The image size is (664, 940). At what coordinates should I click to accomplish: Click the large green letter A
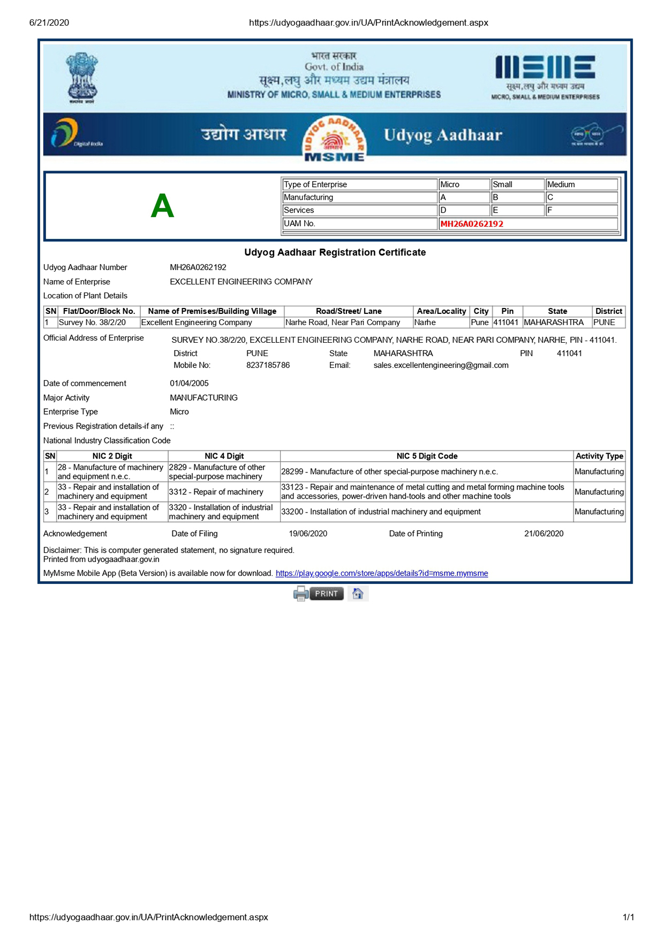tap(162, 206)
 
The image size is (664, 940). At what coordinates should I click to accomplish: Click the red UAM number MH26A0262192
tap(472, 224)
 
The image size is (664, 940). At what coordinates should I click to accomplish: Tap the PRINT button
tap(326, 593)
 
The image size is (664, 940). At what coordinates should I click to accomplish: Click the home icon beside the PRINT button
tap(358, 593)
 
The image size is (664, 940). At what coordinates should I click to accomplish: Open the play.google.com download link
tap(381, 573)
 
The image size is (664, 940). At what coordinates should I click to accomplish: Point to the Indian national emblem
tap(81, 78)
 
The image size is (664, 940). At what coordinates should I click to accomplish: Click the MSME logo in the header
tap(545, 77)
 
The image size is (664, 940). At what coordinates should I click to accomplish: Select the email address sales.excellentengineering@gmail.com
tap(441, 365)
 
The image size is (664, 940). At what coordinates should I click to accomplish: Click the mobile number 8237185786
tap(268, 365)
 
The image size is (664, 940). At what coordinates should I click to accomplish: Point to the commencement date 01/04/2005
tap(189, 383)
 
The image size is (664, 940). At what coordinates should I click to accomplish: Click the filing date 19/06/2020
tap(308, 533)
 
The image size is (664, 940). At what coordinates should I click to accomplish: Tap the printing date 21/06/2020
tap(544, 533)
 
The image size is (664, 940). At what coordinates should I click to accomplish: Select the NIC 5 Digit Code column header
tap(427, 456)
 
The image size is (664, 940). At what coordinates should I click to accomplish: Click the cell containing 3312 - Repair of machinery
tap(216, 492)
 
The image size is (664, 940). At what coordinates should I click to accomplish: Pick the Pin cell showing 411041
tap(506, 322)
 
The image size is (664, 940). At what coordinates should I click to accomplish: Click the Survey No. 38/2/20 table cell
tap(92, 322)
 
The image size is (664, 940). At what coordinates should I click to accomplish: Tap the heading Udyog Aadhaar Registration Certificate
tap(335, 252)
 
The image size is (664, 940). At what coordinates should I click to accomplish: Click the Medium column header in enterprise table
tap(581, 184)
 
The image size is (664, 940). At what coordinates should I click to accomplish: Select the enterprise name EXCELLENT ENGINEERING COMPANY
tap(241, 282)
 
